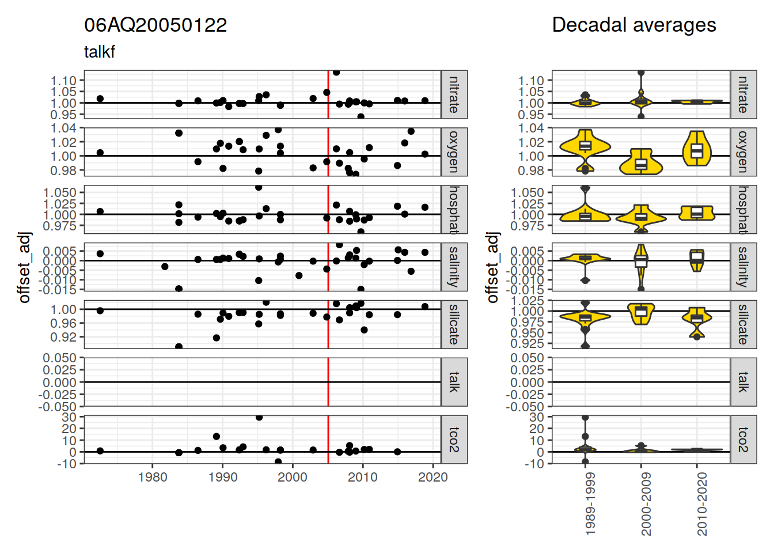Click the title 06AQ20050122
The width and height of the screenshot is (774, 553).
pyautogui.click(x=155, y=25)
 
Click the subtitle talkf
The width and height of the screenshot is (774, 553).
pyautogui.click(x=100, y=52)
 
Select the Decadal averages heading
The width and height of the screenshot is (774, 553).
pyautogui.click(x=633, y=25)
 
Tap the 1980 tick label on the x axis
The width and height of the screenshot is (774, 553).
pyautogui.click(x=153, y=477)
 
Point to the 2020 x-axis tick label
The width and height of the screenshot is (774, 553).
pyautogui.click(x=432, y=477)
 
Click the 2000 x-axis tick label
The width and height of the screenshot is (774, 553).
pyautogui.click(x=293, y=477)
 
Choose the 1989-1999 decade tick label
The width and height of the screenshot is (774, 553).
pyautogui.click(x=590, y=505)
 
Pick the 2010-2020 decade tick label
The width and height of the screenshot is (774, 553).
pyautogui.click(x=701, y=505)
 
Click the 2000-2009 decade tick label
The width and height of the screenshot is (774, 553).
pyautogui.click(x=646, y=505)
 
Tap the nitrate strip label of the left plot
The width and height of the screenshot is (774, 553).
pyautogui.click(x=454, y=94)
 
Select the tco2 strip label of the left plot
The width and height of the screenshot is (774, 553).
pyautogui.click(x=454, y=440)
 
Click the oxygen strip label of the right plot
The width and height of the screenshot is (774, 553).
pyautogui.click(x=743, y=152)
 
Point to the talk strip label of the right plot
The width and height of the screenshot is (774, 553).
pyautogui.click(x=743, y=382)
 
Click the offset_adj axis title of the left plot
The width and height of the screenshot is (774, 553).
pyautogui.click(x=24, y=267)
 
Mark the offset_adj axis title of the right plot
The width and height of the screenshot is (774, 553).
pyautogui.click(x=492, y=267)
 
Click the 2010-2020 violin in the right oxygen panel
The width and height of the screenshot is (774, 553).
pyautogui.click(x=697, y=150)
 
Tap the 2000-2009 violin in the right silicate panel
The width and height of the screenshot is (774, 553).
pyautogui.click(x=641, y=313)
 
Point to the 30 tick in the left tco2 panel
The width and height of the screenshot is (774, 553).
pyautogui.click(x=70, y=417)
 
